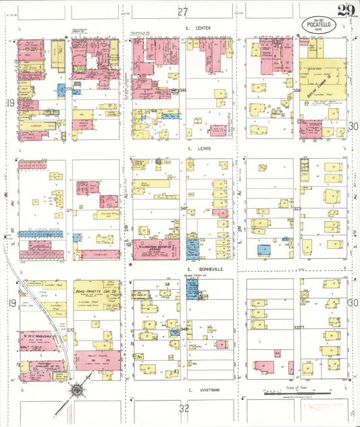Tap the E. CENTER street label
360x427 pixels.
199,28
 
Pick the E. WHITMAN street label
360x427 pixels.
201,390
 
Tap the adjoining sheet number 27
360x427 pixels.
182,11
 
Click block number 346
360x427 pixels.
182,90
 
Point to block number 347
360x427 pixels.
183,209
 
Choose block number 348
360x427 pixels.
183,329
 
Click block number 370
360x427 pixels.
70,329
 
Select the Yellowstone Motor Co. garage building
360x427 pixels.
156,248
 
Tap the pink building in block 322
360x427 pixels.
265,367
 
